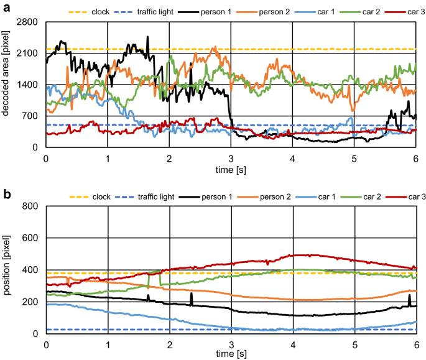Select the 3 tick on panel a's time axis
(231, 158)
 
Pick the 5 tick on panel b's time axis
(354, 344)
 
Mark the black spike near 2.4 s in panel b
(192, 297)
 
